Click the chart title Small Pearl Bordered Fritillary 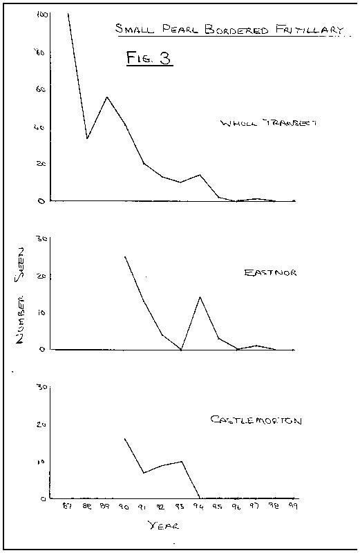pos(229,29)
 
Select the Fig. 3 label pos(149,58)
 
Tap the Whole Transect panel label pos(269,123)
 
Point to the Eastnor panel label pos(270,272)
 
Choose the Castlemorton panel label pos(256,420)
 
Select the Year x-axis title pos(164,526)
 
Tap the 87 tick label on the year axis pos(68,507)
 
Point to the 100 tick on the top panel pos(42,15)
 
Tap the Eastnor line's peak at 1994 pos(200,297)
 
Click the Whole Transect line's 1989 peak pos(106,97)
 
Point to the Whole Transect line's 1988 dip pos(87,139)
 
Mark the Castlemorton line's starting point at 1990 pos(125,438)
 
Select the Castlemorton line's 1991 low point pos(144,473)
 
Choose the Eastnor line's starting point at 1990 pos(125,256)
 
